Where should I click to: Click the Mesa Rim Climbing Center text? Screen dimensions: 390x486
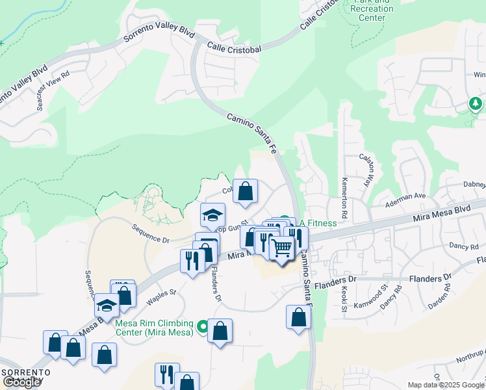click(154, 328)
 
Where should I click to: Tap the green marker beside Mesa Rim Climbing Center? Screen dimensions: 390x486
click(203, 326)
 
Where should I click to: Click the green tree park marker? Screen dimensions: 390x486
click(476, 103)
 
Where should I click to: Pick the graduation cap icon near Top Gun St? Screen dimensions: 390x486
click(212, 214)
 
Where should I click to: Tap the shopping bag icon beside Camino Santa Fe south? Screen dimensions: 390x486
click(298, 317)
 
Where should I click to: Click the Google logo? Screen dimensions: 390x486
click(21, 382)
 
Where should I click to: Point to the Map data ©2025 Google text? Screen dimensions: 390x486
click(445, 385)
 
